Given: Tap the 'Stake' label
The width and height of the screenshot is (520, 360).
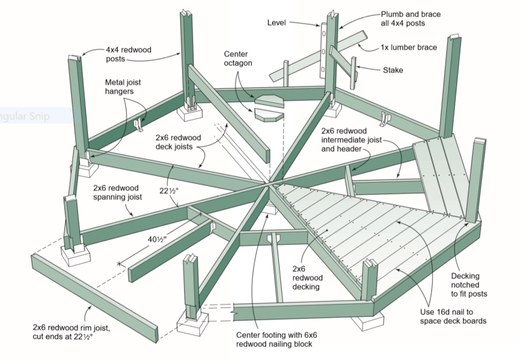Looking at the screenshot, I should click(x=393, y=70).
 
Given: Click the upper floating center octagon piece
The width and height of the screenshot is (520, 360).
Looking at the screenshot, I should click(x=271, y=99).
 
